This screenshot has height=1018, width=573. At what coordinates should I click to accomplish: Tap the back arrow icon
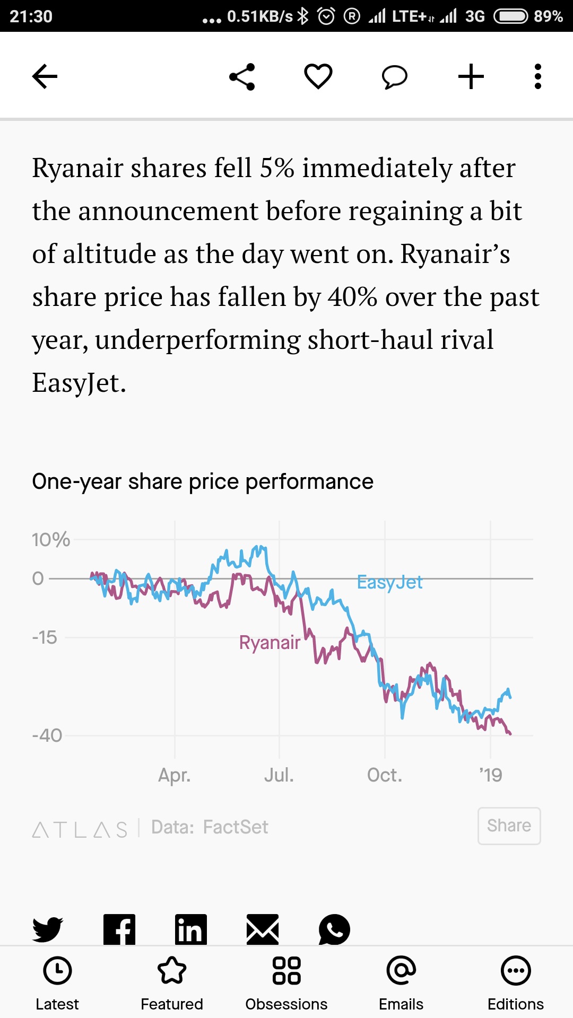coord(45,76)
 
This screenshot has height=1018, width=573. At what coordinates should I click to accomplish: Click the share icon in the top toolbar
coord(242,77)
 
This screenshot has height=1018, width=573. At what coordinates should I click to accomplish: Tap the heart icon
coord(318,76)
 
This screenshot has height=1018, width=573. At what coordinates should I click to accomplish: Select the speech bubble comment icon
coord(395,77)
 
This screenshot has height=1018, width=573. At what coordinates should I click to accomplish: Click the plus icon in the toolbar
coord(471,76)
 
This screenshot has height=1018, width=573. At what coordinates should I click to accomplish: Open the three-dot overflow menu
coord(538,76)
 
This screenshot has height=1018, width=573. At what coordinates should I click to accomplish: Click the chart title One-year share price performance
coord(203,481)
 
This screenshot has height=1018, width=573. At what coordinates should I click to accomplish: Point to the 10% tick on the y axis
coord(51,540)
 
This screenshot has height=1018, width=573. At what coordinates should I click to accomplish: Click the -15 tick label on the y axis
coord(45,637)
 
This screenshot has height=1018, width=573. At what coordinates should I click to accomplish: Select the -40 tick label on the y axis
coord(47,735)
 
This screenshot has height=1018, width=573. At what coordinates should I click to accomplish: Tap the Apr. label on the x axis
coord(175,775)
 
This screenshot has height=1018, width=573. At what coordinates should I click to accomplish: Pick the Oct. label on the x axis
coord(385,775)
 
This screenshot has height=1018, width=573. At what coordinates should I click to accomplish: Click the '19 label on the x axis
coord(491,775)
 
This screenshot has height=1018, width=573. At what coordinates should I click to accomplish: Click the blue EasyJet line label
coord(389,582)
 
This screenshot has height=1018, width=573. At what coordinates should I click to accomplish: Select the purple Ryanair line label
coord(270,643)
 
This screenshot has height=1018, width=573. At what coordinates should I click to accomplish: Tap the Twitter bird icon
coord(48,929)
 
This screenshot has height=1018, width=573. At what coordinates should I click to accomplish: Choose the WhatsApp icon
coord(334,929)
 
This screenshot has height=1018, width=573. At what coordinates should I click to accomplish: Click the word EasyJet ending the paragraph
coord(79,383)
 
